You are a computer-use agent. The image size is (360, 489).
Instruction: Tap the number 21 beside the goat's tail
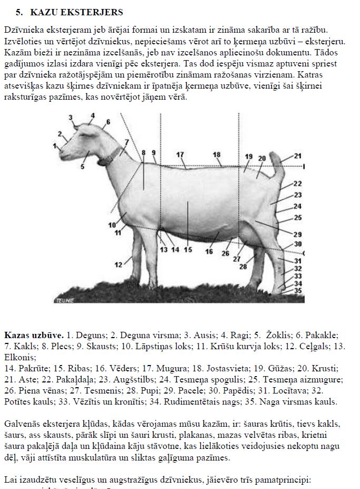pyautogui.click(x=297, y=156)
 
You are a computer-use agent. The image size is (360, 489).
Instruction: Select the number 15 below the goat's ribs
pyautogui.click(x=188, y=250)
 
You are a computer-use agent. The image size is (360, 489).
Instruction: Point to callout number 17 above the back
pyautogui.click(x=180, y=155)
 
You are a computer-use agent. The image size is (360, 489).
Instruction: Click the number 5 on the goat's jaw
pyautogui.click(x=82, y=167)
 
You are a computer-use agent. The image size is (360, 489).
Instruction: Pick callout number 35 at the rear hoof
pyautogui.click(x=298, y=291)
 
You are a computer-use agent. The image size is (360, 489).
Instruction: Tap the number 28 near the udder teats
pyautogui.click(x=243, y=267)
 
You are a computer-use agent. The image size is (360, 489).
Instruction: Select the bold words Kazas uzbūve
pyautogui.click(x=34, y=335)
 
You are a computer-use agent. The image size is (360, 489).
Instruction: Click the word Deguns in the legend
pyautogui.click(x=85, y=335)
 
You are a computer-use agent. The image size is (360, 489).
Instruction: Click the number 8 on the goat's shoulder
pyautogui.click(x=143, y=153)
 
